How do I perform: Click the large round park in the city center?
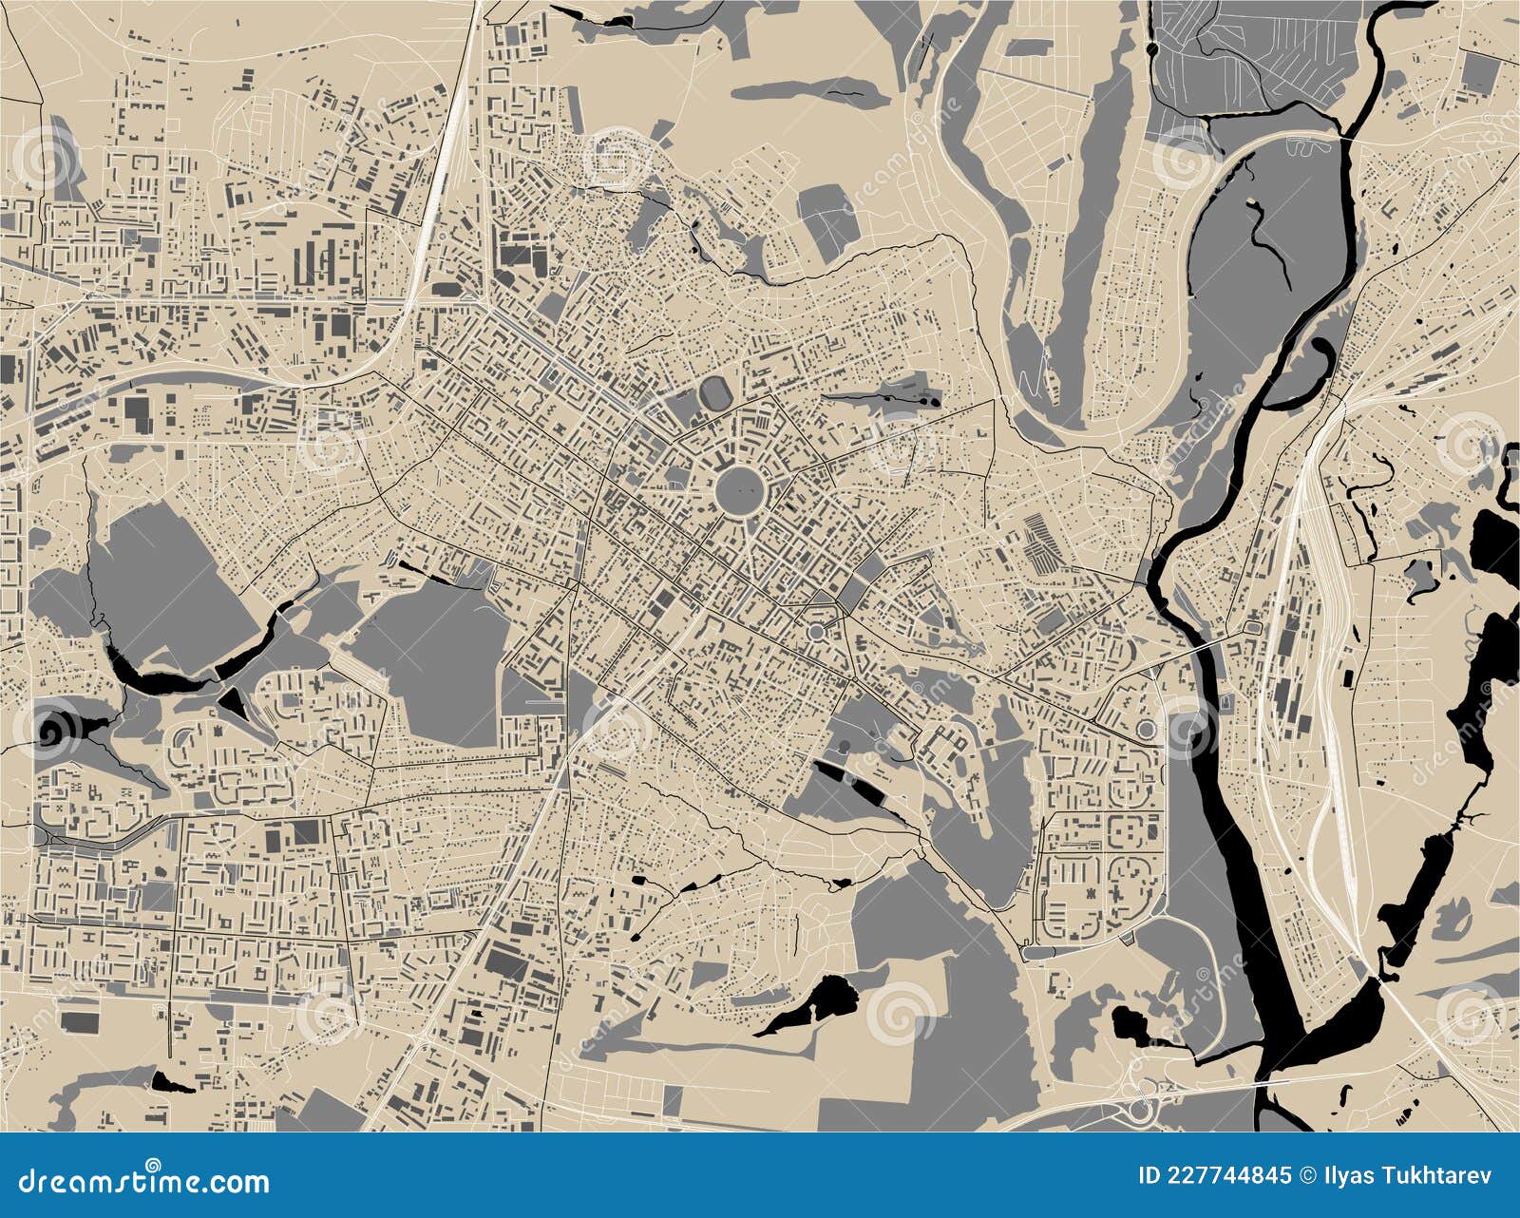739,491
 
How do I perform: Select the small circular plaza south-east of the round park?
816,632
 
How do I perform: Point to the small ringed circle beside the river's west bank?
1148,730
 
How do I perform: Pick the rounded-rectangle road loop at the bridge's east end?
1252,628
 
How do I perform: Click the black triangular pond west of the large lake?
232,704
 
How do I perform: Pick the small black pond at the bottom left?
169,1080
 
